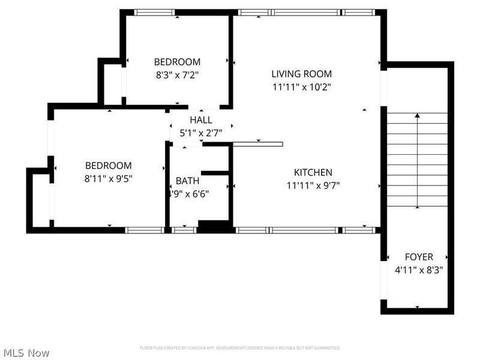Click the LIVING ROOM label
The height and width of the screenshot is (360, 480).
click(x=301, y=74)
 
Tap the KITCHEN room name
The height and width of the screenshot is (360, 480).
click(x=313, y=172)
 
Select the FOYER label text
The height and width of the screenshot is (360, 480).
click(x=418, y=257)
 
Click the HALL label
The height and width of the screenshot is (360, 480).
click(x=200, y=120)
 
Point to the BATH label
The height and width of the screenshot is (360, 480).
click(x=187, y=181)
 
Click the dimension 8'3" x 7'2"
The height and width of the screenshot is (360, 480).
click(x=177, y=75)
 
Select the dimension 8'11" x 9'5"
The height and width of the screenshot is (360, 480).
click(x=108, y=178)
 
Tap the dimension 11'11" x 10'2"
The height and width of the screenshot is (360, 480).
click(x=301, y=86)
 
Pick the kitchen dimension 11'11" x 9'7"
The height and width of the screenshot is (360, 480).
click(x=313, y=185)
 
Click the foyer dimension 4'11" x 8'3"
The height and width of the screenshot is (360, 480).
click(x=418, y=270)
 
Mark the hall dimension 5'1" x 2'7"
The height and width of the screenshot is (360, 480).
click(x=200, y=132)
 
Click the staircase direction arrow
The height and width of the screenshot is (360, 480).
click(x=418, y=160)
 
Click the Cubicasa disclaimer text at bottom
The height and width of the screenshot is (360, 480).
click(x=240, y=348)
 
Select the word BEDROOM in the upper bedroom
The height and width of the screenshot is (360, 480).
click(x=177, y=62)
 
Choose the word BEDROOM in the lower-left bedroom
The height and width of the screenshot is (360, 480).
click(x=108, y=166)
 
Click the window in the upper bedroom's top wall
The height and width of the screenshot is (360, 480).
click(x=154, y=12)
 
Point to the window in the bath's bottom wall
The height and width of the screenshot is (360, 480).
click(x=184, y=230)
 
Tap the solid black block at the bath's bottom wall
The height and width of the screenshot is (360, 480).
click(x=215, y=227)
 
